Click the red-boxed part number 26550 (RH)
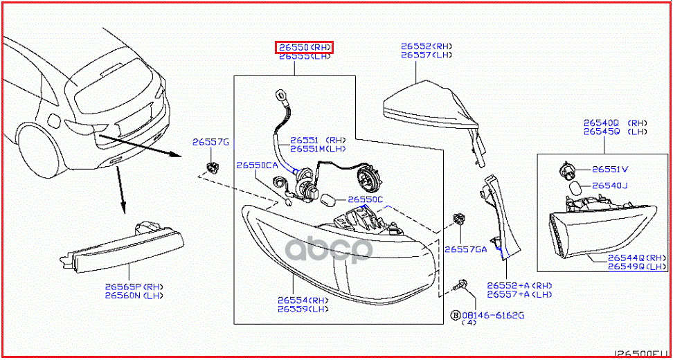click(x=305, y=47)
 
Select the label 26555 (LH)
click(x=305, y=57)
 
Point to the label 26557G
click(x=210, y=142)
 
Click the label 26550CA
click(x=256, y=165)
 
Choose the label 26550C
click(x=365, y=199)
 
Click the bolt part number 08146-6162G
click(x=493, y=316)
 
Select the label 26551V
click(x=610, y=169)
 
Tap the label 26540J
click(x=609, y=186)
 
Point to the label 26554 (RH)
click(x=303, y=300)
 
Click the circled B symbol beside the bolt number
click(x=455, y=316)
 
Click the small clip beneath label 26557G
click(x=213, y=166)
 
